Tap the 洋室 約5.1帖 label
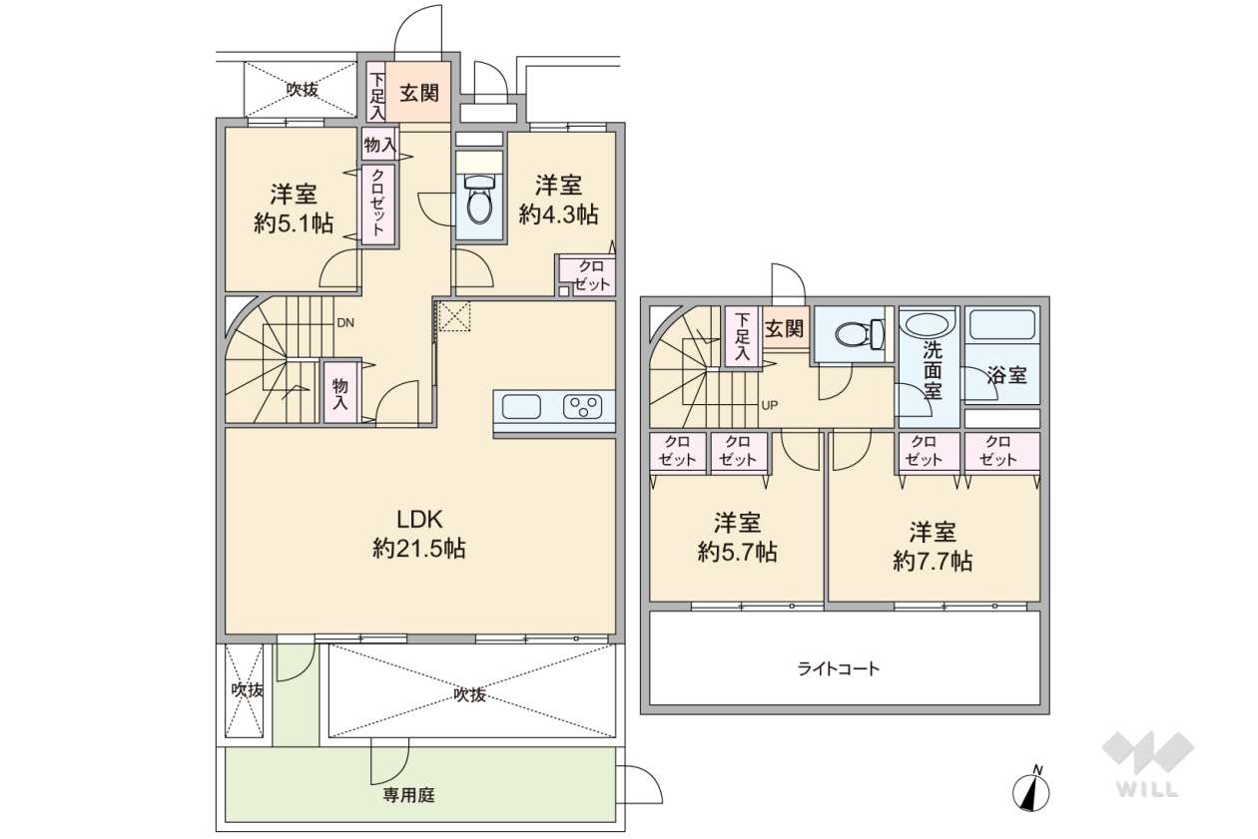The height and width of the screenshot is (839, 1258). pyautogui.click(x=293, y=208)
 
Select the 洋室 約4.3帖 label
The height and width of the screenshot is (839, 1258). pyautogui.click(x=558, y=199)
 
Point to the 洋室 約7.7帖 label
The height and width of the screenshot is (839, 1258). pyautogui.click(x=933, y=546)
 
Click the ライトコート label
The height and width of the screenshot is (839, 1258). pyautogui.click(x=839, y=668)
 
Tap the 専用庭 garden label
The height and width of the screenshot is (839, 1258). pyautogui.click(x=408, y=795)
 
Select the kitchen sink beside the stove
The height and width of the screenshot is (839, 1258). pyautogui.click(x=522, y=406)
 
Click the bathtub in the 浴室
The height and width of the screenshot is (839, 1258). pyautogui.click(x=1002, y=326)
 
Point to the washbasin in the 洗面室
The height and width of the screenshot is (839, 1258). pyautogui.click(x=930, y=325)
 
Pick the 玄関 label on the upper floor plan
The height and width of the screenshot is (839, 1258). pyautogui.click(x=785, y=328)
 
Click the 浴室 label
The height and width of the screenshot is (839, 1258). pyautogui.click(x=1006, y=376)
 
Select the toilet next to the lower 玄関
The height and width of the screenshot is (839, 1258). pyautogui.click(x=858, y=334)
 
